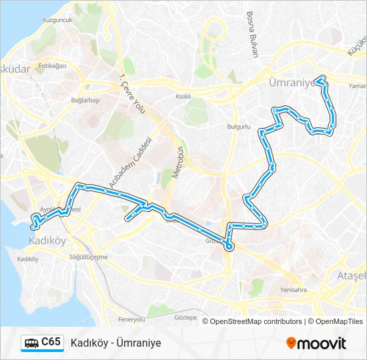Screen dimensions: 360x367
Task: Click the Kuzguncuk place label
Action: click(x=57, y=21)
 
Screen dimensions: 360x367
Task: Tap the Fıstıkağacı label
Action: click(x=53, y=66)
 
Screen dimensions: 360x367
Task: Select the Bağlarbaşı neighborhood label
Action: click(x=85, y=100)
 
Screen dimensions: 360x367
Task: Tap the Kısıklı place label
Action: click(x=183, y=96)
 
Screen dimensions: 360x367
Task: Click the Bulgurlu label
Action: click(x=238, y=126)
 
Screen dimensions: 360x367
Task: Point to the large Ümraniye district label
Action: click(x=290, y=83)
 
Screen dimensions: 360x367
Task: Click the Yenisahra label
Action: click(x=294, y=290)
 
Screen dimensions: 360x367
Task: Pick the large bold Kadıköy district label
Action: click(x=47, y=241)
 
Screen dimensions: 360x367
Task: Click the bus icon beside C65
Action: click(x=31, y=343)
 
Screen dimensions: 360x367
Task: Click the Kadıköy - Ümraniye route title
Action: click(x=115, y=343)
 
